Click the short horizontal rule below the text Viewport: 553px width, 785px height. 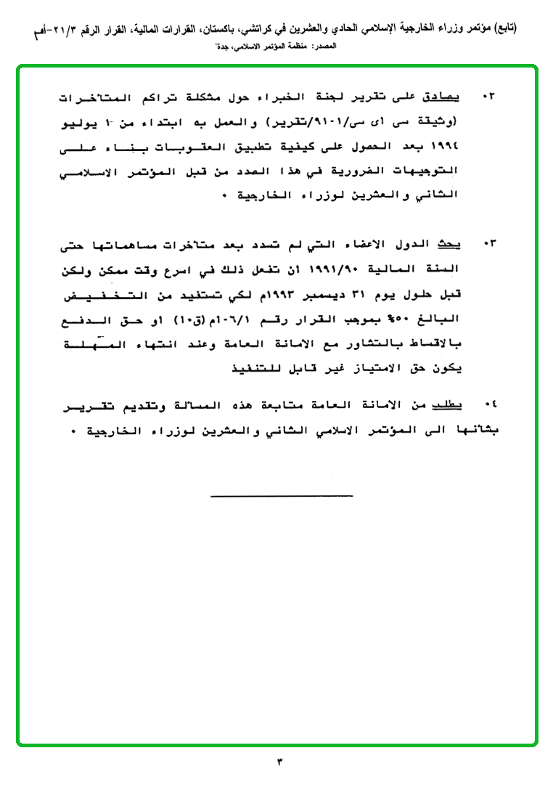pyautogui.click(x=282, y=496)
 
